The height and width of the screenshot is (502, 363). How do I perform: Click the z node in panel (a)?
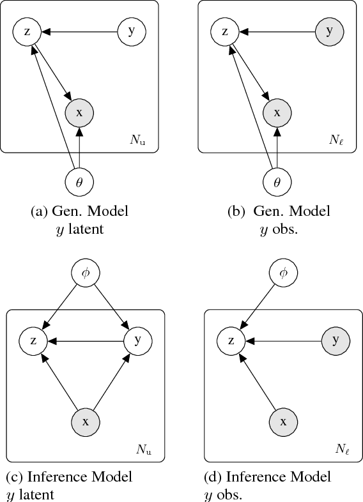[x=27, y=31]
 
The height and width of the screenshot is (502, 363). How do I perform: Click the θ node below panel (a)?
[x=79, y=182]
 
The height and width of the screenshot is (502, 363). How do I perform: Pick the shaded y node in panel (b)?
[x=330, y=31]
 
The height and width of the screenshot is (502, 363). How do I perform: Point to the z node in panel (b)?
[x=225, y=31]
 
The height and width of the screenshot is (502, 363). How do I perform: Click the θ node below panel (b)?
[x=277, y=182]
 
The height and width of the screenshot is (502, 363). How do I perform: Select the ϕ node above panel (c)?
[x=85, y=273]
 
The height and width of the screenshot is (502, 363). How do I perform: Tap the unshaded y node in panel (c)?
[x=137, y=340]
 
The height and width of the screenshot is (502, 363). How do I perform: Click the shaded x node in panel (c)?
[x=85, y=422]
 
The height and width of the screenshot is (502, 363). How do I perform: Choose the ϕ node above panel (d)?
[x=282, y=273]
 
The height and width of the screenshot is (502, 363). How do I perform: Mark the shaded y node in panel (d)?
[x=335, y=340]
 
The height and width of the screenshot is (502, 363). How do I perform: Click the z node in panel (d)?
[x=230, y=340]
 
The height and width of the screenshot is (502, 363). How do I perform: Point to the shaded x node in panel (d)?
[x=282, y=422]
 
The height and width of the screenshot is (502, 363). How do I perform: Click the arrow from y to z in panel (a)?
[x=80, y=31]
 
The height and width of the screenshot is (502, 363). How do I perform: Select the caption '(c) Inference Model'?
[x=69, y=477]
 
